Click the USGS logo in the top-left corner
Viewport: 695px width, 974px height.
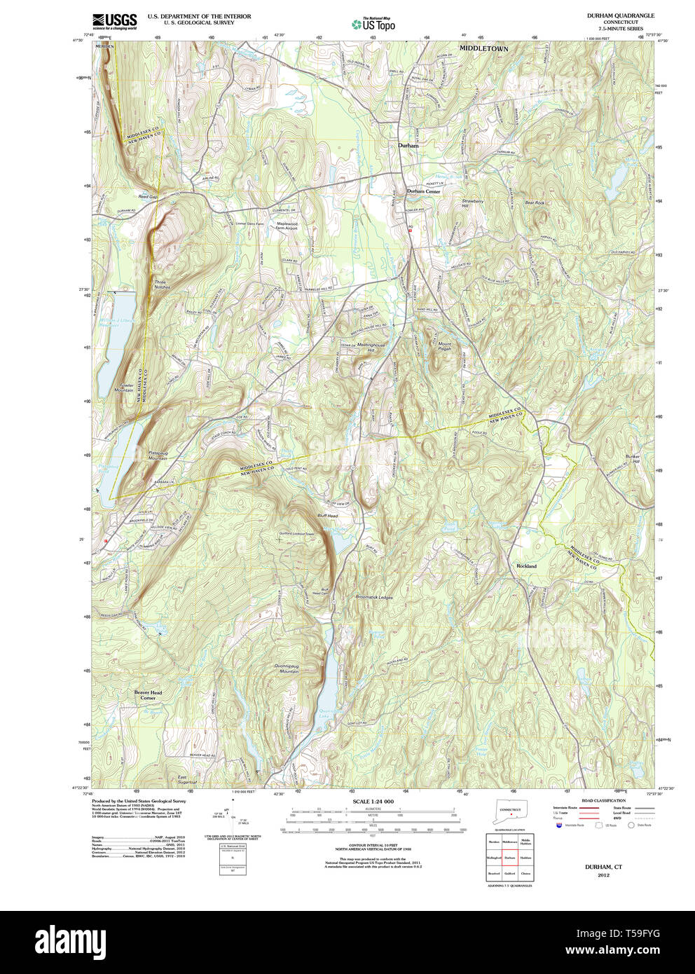(114, 20)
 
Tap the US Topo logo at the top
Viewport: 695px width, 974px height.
(373, 25)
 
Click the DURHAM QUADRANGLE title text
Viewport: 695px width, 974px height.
(611, 15)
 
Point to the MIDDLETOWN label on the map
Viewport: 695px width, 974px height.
(483, 48)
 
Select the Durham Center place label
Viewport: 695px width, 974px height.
(424, 191)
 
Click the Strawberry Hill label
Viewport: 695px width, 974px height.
(473, 204)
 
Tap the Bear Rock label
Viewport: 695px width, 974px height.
(535, 203)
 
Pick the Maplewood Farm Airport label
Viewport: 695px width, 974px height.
(286, 226)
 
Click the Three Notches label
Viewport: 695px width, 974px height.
(162, 284)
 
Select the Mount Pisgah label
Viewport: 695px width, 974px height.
(445, 346)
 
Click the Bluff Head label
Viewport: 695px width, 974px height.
(327, 516)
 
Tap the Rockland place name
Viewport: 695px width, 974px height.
(526, 565)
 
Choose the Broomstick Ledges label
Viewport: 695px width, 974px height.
(374, 598)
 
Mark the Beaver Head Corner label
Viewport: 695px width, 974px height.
(148, 695)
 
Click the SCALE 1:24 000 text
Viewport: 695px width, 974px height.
(373, 801)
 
